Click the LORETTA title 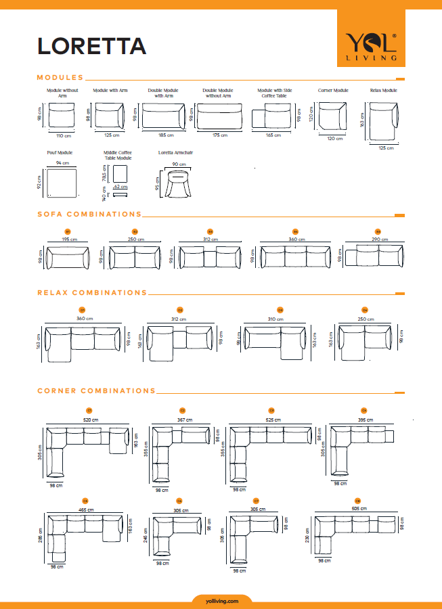point(91,45)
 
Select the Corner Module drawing point(332,117)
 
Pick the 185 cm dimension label point(164,135)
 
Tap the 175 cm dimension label point(220,135)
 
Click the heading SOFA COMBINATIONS point(89,215)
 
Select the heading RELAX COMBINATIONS point(92,293)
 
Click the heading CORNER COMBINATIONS point(96,391)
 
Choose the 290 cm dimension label point(379,240)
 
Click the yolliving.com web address point(221,600)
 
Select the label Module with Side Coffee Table point(274,93)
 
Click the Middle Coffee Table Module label point(118,155)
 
